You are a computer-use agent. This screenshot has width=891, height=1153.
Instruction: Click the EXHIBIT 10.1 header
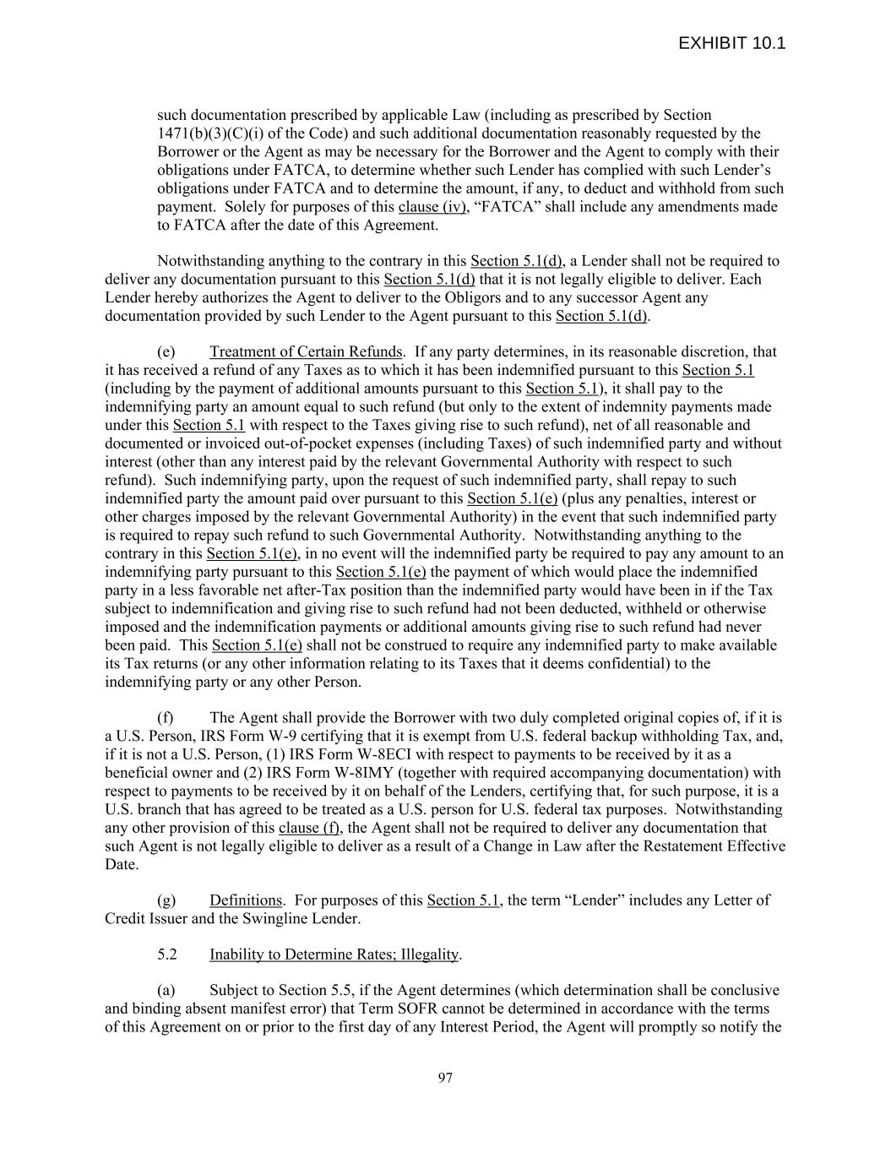(731, 44)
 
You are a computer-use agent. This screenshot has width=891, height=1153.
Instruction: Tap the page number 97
(445, 1078)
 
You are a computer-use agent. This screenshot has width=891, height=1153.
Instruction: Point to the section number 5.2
(167, 954)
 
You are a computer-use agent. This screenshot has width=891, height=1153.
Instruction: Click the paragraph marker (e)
(166, 352)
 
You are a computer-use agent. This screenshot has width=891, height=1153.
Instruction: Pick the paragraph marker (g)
(166, 900)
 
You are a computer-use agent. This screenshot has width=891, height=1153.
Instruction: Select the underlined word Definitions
(246, 900)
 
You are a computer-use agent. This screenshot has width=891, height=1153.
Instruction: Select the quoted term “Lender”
(589, 900)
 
